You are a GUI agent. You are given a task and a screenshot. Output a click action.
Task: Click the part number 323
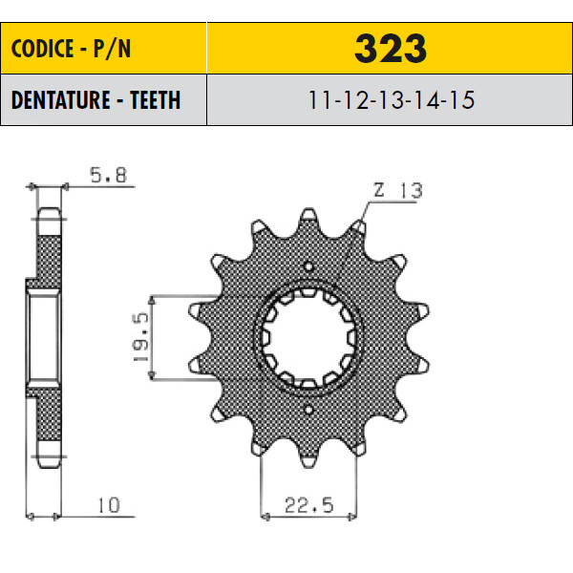(391, 49)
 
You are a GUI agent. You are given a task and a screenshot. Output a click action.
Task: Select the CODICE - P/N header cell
(103, 49)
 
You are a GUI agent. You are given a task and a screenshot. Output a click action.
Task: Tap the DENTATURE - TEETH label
(95, 99)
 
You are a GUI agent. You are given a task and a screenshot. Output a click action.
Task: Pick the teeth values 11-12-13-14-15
(392, 99)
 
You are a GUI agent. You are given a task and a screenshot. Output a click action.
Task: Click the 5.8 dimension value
(109, 175)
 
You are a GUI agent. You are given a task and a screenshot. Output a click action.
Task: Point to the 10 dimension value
(109, 505)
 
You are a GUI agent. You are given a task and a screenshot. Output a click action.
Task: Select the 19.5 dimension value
(141, 337)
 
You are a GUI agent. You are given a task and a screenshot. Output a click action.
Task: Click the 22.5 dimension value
(309, 505)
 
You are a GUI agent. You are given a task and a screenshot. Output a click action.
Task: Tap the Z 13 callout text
(397, 190)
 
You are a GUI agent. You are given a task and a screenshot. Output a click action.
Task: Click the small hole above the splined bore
(308, 266)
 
